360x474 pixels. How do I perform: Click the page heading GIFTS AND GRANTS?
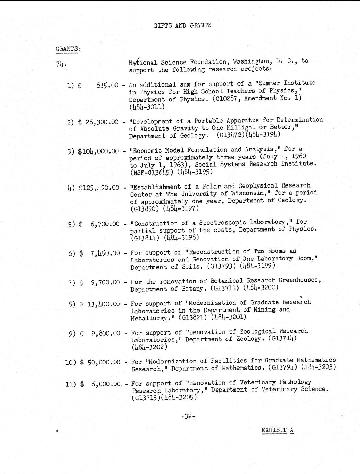pos(182,25)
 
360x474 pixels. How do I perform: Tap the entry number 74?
pos(61,64)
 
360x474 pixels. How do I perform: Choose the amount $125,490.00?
pos(99,188)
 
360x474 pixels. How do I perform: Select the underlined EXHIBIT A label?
pos(277,430)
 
